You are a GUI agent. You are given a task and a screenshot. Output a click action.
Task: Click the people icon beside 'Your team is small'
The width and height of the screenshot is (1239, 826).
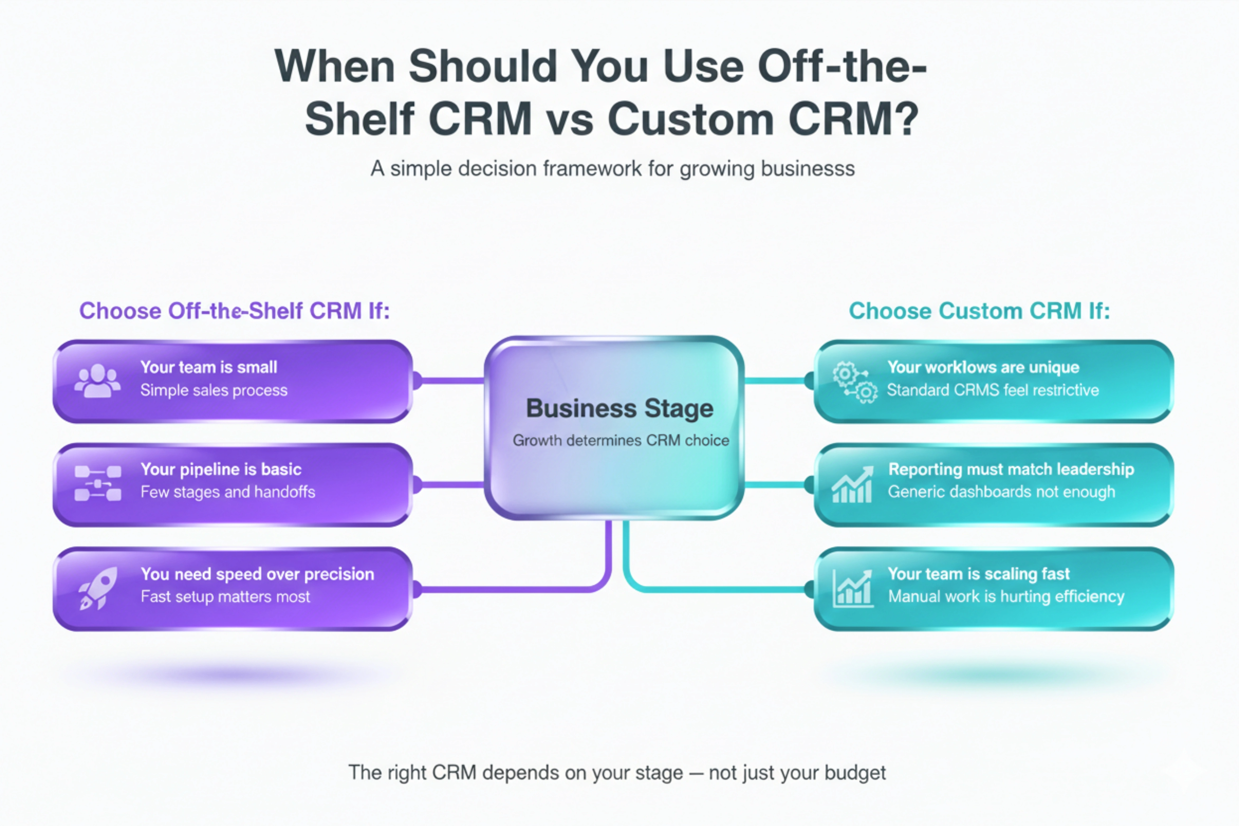pyautogui.click(x=98, y=380)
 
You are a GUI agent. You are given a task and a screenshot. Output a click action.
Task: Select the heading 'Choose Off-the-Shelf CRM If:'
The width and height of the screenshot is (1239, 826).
pyautogui.click(x=234, y=311)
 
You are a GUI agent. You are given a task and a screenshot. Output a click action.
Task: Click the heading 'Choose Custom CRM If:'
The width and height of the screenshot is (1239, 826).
pyautogui.click(x=979, y=311)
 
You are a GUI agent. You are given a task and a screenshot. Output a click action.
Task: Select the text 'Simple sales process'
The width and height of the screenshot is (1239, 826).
pyautogui.click(x=214, y=390)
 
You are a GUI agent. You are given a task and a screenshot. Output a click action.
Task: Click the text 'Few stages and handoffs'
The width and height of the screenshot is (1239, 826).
pyautogui.click(x=228, y=492)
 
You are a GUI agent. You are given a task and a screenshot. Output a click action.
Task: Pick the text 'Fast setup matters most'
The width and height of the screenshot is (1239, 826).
pyautogui.click(x=225, y=597)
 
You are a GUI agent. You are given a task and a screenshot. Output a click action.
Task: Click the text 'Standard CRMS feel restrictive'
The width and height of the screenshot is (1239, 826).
pyautogui.click(x=993, y=390)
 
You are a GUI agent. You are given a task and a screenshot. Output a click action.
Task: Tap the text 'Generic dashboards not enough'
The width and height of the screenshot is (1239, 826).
pyautogui.click(x=1001, y=492)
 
